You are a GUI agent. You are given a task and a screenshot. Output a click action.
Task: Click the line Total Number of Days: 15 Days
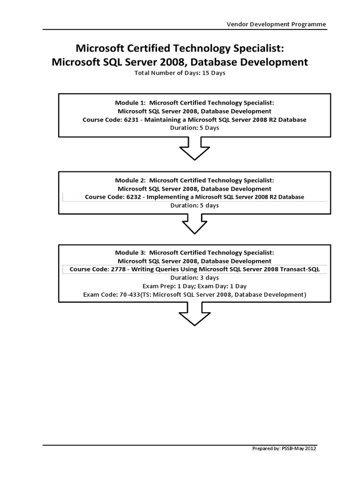pos(180,73)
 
